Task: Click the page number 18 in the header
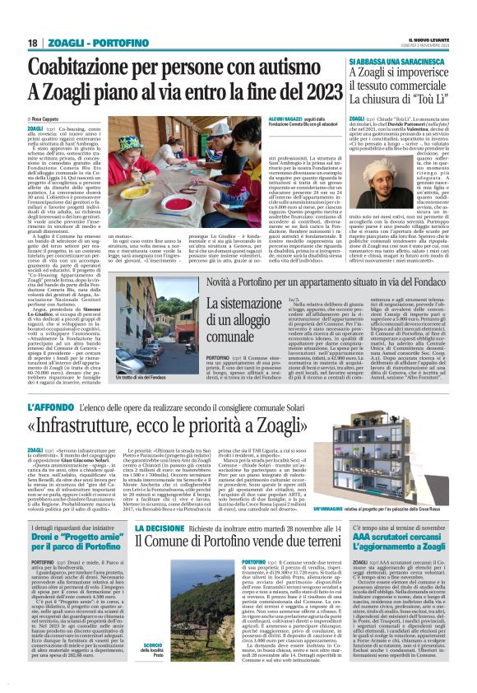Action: [x=32, y=43]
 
